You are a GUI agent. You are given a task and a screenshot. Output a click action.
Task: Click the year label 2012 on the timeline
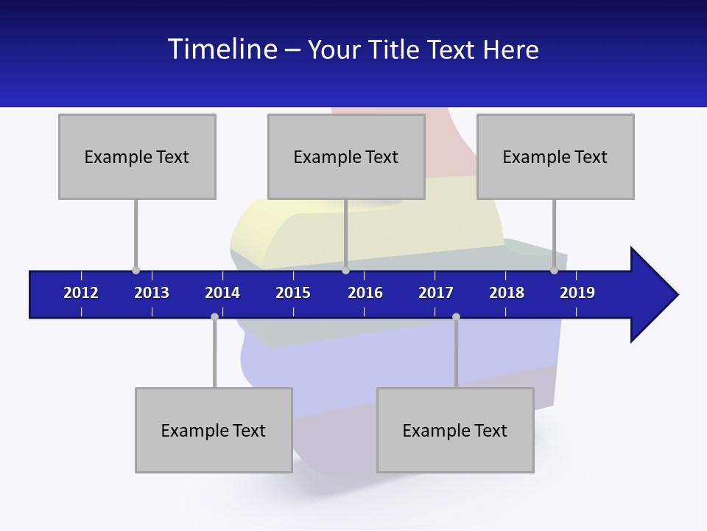(x=81, y=293)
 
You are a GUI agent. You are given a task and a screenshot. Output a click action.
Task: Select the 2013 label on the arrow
(x=152, y=293)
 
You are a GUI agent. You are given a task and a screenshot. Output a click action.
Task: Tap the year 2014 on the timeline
(x=222, y=293)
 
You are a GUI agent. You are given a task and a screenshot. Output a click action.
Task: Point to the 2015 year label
(x=293, y=293)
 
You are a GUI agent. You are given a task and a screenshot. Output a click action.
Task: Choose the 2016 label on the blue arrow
(x=365, y=293)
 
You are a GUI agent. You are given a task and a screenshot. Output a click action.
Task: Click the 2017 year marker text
(x=436, y=293)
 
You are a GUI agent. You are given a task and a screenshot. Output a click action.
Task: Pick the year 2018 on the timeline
(x=507, y=293)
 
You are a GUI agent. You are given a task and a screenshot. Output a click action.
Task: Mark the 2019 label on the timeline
(x=577, y=293)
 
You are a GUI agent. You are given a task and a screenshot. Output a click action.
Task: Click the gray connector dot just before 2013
(x=136, y=270)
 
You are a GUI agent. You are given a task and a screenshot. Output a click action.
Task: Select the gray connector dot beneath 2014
(x=214, y=316)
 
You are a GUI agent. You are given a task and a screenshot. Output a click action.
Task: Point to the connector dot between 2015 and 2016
(x=345, y=270)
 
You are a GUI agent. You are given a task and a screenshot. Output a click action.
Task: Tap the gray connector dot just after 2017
(x=456, y=316)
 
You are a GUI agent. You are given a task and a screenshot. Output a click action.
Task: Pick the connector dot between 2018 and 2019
(x=554, y=270)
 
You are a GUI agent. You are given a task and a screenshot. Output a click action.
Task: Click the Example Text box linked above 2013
(x=137, y=156)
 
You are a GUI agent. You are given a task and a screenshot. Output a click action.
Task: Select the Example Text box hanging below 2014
(x=214, y=430)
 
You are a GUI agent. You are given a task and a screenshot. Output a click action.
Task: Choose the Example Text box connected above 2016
(x=346, y=156)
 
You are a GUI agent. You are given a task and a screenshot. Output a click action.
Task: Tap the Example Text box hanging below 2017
(x=455, y=430)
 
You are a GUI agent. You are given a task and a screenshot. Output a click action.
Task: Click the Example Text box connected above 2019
(x=555, y=156)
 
